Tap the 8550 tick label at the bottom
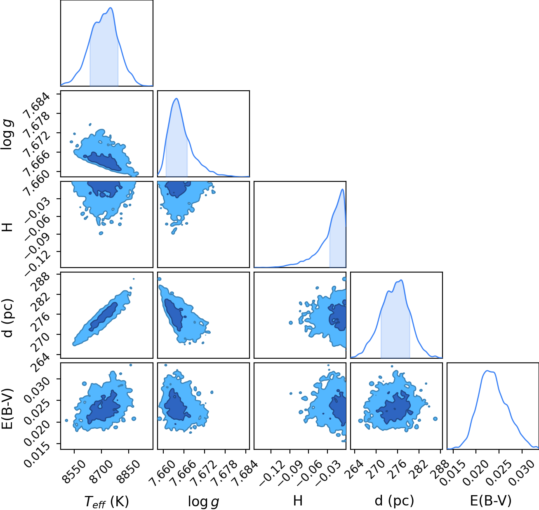pos(73,469)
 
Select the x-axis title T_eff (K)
pos(106,502)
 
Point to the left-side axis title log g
pos(7,134)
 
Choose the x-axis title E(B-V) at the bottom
pos(491,501)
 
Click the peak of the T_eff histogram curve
pos(111,8)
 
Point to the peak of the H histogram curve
pos(342,189)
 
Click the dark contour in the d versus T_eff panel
pos(104,317)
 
